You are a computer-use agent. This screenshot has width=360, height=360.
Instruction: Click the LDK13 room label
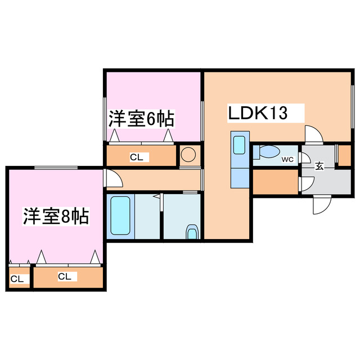click(258, 112)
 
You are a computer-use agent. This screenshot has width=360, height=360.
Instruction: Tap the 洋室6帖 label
click(141, 119)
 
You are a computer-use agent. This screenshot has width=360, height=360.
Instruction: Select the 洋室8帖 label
click(56, 216)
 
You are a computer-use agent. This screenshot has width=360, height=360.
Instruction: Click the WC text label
click(287, 159)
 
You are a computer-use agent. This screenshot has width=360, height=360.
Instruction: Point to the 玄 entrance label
click(319, 166)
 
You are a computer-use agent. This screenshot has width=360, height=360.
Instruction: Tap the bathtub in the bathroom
click(120, 215)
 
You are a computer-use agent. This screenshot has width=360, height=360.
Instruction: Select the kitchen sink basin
click(239, 145)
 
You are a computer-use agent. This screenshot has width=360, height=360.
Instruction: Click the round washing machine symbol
click(188, 155)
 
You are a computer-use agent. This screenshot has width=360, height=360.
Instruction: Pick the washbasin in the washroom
click(192, 232)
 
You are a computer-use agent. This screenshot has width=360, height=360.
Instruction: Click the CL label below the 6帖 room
click(136, 157)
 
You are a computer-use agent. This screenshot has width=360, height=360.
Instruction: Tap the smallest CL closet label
click(17, 279)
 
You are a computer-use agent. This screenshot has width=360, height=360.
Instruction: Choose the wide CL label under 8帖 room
click(65, 276)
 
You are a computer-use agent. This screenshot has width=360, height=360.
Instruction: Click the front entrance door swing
click(322, 205)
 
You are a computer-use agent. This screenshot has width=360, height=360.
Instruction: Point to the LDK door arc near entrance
click(314, 135)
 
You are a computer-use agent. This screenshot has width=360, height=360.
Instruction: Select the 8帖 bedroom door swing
click(113, 178)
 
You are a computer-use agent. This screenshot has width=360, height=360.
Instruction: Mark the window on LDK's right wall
click(353, 106)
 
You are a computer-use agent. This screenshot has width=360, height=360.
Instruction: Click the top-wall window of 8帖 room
click(56, 168)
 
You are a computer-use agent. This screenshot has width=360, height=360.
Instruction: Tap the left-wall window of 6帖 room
click(105, 119)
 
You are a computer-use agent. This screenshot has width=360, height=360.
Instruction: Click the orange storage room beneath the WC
click(276, 182)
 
